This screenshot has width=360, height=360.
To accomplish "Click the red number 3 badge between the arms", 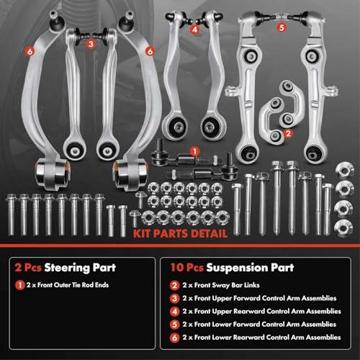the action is tap(91, 44).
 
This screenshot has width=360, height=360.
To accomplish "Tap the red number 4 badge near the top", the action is tap(195, 30).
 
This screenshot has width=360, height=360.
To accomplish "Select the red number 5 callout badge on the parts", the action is tap(282, 27).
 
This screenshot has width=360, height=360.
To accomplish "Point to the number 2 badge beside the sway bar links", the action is tap(288, 133).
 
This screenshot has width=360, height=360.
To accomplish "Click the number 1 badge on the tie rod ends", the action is tap(194, 152).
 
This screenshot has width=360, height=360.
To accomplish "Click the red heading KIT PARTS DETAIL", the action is tap(180, 233).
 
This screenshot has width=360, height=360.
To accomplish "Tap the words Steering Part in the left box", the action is tap(80, 268).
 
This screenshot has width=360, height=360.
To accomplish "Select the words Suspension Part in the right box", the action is tap(250, 268).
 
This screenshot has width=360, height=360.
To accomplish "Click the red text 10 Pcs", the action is tap(186, 267).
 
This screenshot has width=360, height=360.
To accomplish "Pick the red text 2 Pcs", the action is tap(28, 267).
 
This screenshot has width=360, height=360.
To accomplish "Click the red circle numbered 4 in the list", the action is tap(174, 312).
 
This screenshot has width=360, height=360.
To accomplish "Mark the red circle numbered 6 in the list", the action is tap(174, 338).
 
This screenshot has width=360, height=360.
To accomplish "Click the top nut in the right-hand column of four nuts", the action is tap(345, 171).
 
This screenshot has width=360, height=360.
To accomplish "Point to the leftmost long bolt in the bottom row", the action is tap(11, 214).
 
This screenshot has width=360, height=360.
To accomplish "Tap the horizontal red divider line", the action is tap(180, 246).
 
